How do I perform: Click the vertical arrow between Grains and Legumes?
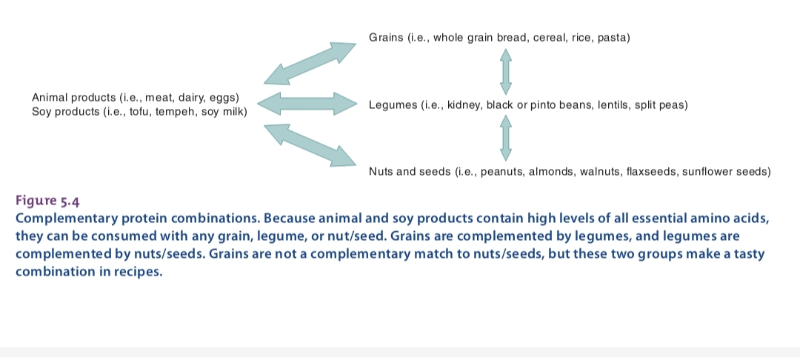click(506, 71)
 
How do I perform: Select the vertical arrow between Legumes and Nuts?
click(506, 138)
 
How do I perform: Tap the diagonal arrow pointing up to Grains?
click(310, 63)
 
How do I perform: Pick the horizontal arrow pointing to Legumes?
click(307, 104)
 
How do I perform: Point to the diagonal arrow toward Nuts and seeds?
click(310, 145)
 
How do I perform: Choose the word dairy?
click(190, 98)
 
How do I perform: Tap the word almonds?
click(552, 172)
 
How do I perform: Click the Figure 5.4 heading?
click(47, 201)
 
